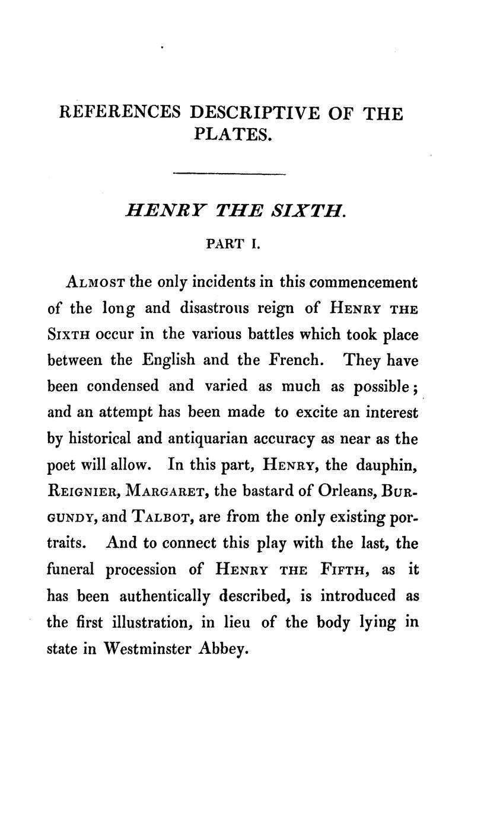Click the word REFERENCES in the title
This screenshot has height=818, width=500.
120,113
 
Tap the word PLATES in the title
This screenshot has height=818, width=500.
232,135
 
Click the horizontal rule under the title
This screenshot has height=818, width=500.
229,174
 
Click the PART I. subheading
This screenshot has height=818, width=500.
233,244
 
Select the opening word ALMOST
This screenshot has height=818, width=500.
95,282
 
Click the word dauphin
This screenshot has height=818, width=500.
387,465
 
